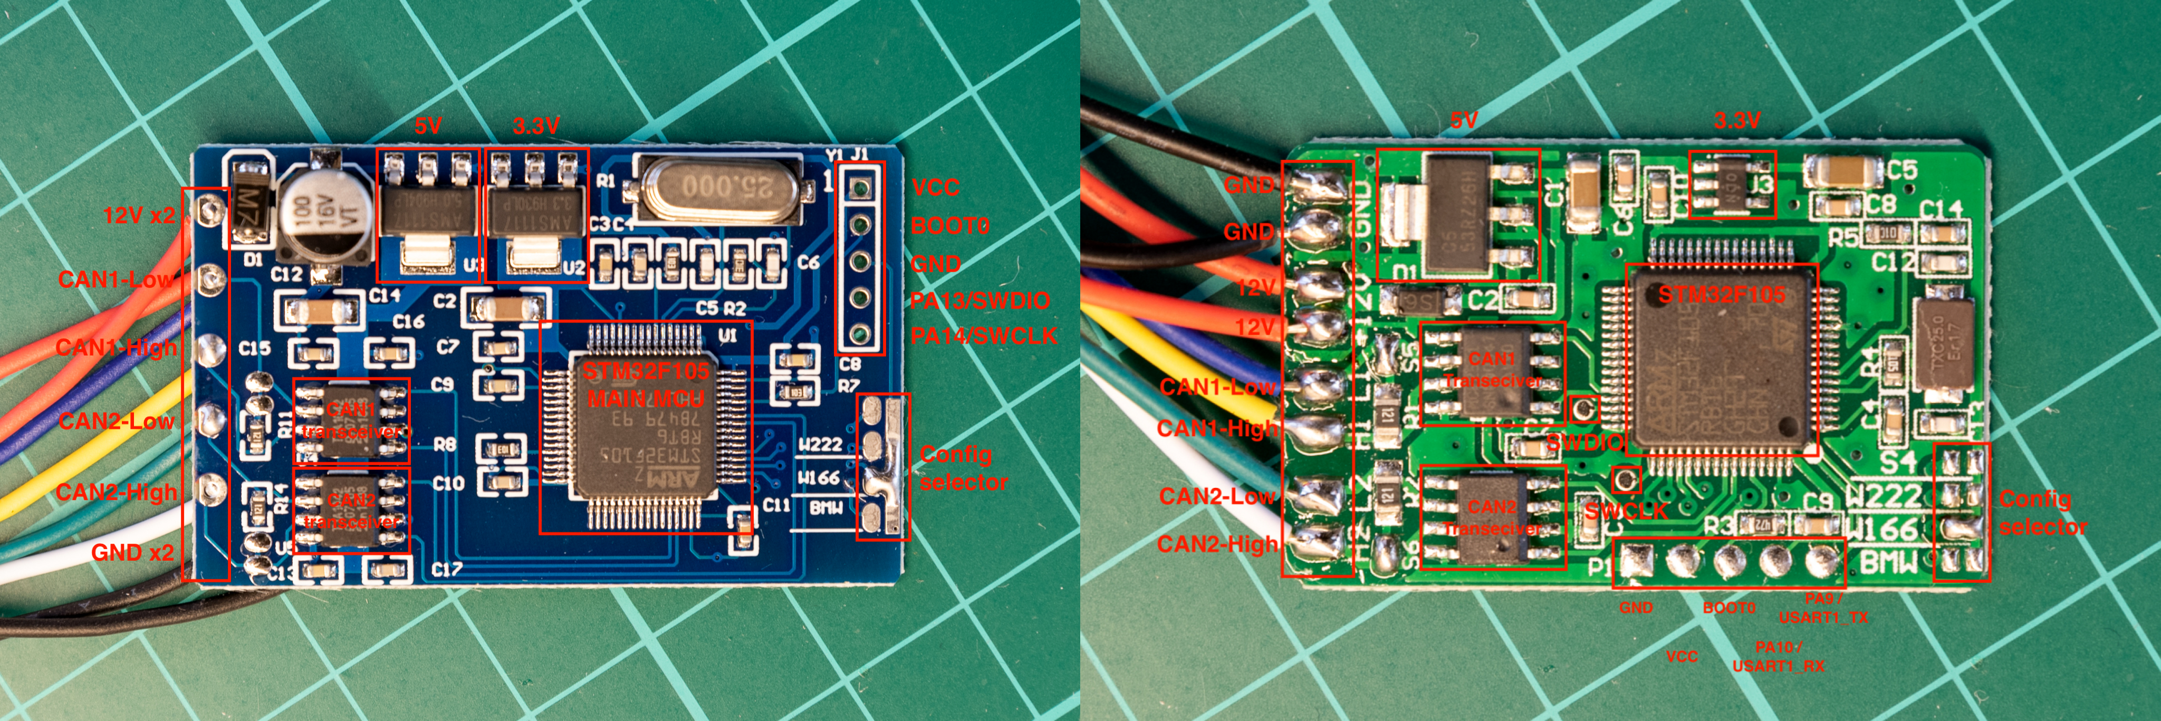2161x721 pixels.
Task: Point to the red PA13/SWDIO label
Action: click(x=980, y=300)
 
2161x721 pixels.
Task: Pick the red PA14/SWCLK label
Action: click(x=983, y=336)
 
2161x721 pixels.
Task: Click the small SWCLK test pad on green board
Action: click(x=1627, y=479)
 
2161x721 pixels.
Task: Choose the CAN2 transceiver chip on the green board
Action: click(x=1492, y=518)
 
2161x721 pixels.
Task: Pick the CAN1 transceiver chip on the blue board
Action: click(x=351, y=420)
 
